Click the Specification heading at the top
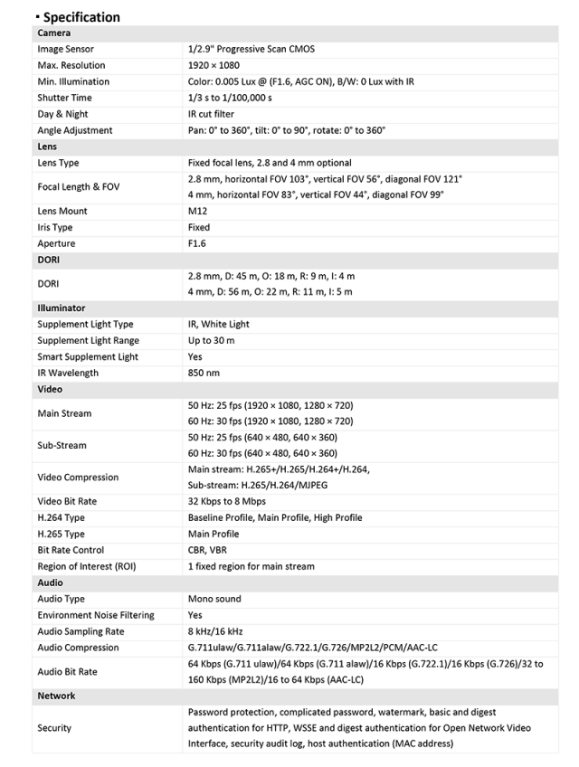[x=81, y=16]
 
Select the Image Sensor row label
[x=65, y=49]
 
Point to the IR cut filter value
[x=213, y=114]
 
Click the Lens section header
[x=46, y=147]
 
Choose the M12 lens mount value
[x=198, y=211]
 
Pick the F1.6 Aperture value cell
[x=199, y=243]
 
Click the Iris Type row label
[x=55, y=227]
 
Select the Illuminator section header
[x=62, y=308]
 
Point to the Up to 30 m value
[x=211, y=340]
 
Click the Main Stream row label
[x=64, y=413]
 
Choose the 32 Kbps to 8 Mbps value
[x=227, y=501]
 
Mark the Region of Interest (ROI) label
[x=87, y=566]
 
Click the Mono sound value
[x=214, y=599]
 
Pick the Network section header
[x=56, y=696]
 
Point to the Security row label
[x=54, y=727]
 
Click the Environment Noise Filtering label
[x=96, y=615]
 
